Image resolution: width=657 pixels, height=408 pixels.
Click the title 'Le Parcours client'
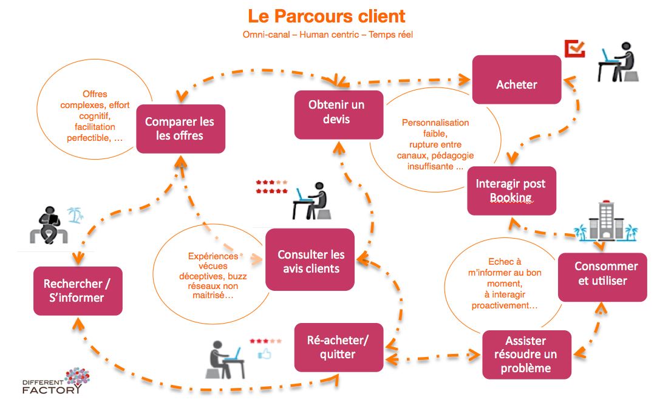[x=327, y=16]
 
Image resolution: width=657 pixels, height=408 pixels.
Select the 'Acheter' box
[x=516, y=84]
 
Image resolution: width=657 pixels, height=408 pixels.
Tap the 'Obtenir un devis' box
[x=338, y=114]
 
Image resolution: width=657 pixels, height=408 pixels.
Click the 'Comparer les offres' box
[x=180, y=128]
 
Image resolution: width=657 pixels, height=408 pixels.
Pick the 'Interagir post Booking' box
[x=511, y=190]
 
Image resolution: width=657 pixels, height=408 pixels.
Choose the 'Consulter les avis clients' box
[x=310, y=261]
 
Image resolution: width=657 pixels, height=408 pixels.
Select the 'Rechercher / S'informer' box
[x=78, y=290]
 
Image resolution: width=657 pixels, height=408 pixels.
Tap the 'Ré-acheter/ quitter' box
[x=338, y=347]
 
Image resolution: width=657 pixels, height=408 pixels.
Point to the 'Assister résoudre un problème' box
[x=526, y=354]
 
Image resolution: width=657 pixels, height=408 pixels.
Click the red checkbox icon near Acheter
[x=574, y=49]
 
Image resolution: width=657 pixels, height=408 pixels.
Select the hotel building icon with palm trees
[x=606, y=222]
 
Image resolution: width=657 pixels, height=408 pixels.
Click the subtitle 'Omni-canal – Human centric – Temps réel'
[x=327, y=35]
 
